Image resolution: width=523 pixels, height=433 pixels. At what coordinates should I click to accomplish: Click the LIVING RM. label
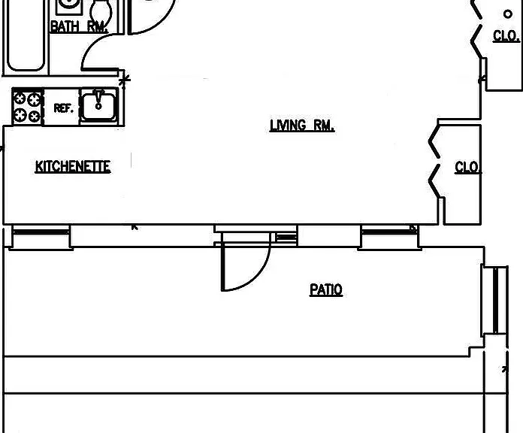tap(302, 126)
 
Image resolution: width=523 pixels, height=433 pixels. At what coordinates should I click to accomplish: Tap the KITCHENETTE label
tap(73, 166)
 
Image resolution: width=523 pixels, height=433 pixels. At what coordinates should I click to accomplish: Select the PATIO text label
tap(326, 289)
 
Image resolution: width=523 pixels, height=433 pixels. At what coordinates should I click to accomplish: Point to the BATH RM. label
tap(79, 26)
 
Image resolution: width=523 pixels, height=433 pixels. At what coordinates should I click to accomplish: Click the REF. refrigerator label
tap(63, 108)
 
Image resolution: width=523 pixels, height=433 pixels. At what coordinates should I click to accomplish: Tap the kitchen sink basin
tap(98, 107)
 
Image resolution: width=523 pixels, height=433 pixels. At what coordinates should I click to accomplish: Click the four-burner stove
tap(27, 107)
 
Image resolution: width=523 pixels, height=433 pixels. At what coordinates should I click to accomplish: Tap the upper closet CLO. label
tap(506, 35)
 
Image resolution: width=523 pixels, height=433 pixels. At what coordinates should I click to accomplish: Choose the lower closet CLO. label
tap(468, 167)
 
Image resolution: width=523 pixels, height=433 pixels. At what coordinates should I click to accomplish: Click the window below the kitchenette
tap(41, 237)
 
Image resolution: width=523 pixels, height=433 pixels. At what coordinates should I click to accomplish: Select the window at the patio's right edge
tap(494, 300)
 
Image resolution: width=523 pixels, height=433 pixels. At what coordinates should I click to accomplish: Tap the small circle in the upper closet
tap(508, 14)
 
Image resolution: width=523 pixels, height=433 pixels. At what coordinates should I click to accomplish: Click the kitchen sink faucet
tap(98, 99)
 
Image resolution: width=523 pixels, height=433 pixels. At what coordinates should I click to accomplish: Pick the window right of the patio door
tap(389, 237)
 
